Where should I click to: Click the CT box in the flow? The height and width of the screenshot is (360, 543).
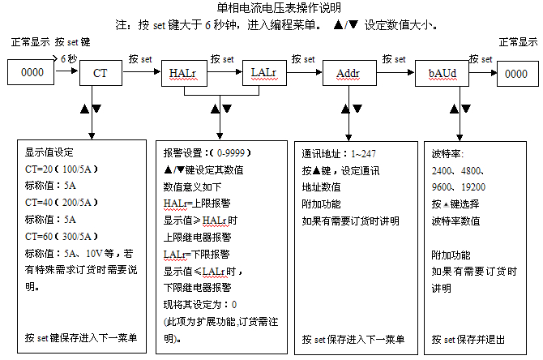[100, 73]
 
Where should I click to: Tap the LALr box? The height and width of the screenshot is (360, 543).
[263, 73]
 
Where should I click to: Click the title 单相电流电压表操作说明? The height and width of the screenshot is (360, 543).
[271, 8]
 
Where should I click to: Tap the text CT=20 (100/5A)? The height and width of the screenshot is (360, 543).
[62, 170]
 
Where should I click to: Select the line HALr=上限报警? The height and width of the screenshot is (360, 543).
[198, 203]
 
